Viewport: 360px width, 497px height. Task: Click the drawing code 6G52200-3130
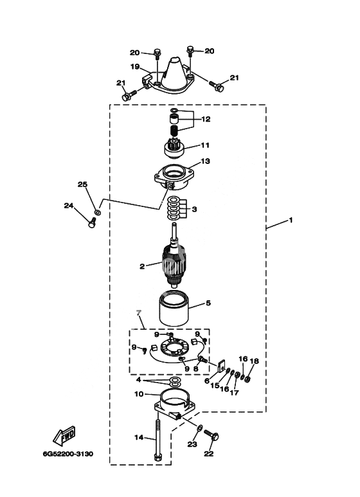(68, 454)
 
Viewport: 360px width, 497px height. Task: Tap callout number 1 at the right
(291, 220)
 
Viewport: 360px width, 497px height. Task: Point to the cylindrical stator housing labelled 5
(174, 309)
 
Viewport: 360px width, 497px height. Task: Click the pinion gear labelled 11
(174, 149)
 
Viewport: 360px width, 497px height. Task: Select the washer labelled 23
(199, 428)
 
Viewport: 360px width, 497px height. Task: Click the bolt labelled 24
(91, 222)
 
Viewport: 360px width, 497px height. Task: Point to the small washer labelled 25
(98, 212)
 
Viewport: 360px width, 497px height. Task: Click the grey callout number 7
(138, 313)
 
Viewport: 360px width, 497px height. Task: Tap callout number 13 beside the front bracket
(205, 161)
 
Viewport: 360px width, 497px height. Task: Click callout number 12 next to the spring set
(206, 119)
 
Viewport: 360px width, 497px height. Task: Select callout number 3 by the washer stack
(194, 209)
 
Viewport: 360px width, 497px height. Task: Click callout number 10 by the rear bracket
(139, 394)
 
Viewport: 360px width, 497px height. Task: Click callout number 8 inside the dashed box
(195, 368)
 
